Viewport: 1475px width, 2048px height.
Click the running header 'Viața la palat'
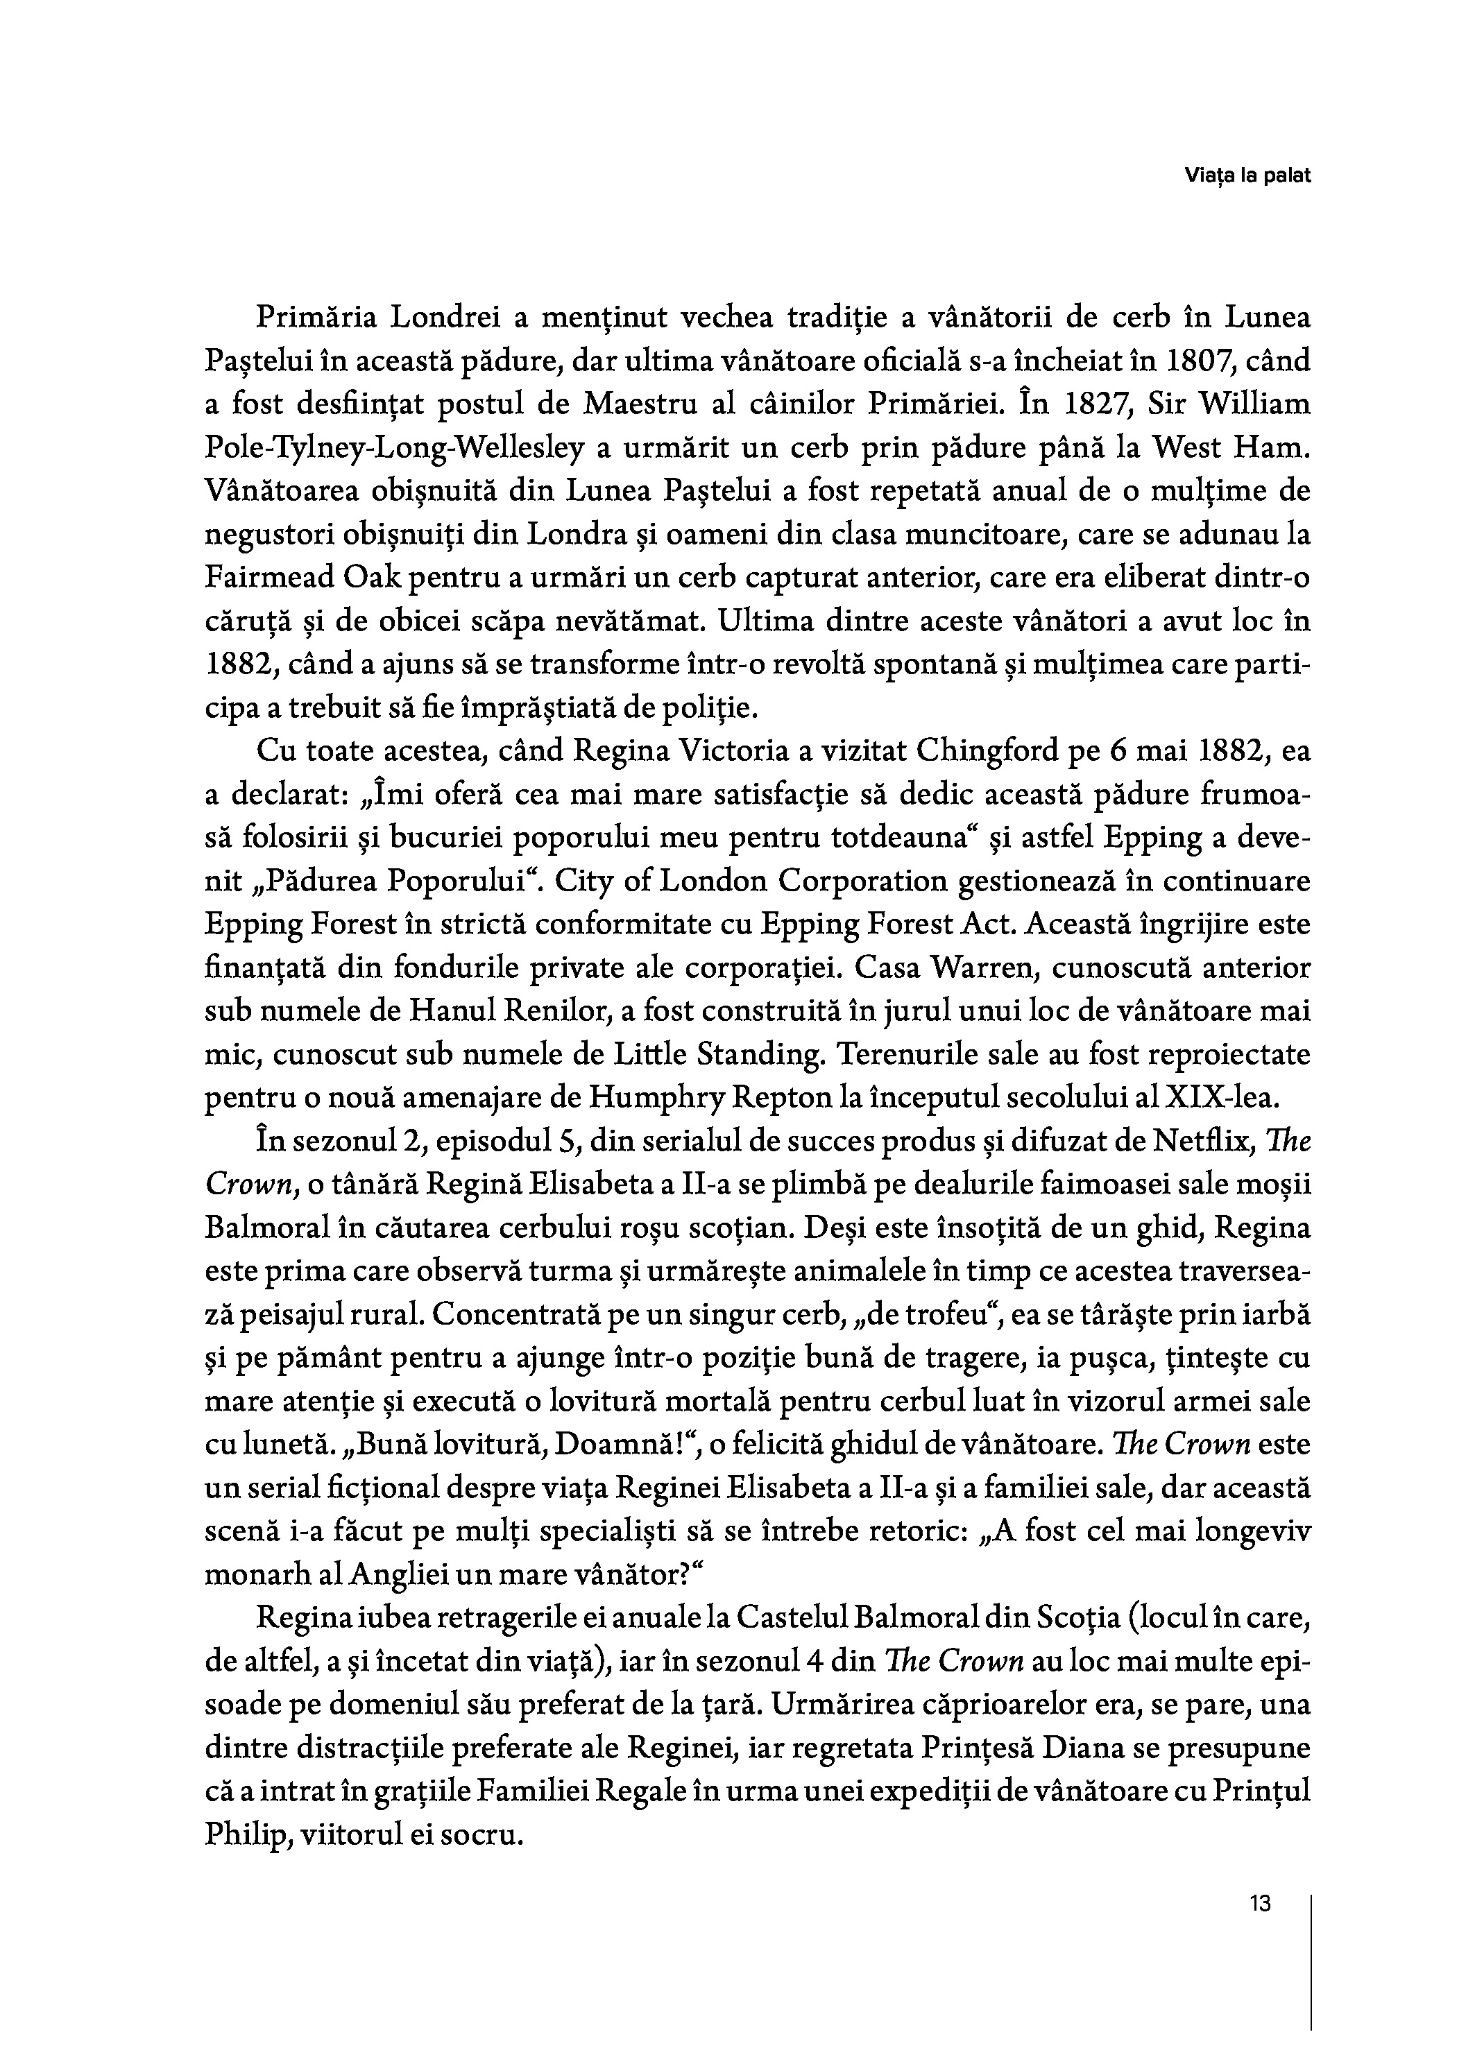tap(1247, 176)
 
